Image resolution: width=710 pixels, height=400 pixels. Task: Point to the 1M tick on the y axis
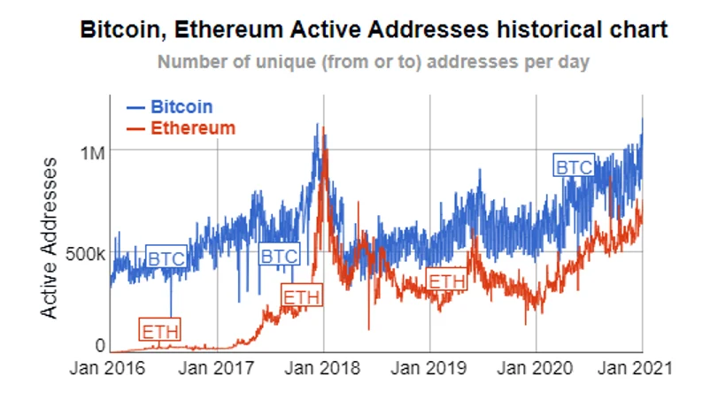pos(92,153)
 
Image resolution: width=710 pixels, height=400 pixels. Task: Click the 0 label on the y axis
pos(100,345)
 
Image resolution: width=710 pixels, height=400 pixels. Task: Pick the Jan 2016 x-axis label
pos(104,367)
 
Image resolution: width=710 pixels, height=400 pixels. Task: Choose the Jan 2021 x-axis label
pos(639,367)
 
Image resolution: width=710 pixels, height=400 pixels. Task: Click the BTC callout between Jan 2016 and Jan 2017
pos(166,258)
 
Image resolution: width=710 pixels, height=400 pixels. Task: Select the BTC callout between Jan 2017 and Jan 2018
pos(279,256)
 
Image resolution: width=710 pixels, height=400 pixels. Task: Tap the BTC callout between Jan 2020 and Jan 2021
pos(574,165)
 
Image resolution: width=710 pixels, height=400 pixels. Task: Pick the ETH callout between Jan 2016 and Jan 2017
pos(160,332)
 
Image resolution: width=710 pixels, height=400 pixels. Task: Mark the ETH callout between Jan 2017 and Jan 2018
pos(301,296)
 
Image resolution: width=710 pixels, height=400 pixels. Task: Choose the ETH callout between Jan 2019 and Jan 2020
pos(446,281)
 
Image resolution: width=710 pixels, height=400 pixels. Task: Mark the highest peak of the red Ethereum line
pos(324,129)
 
